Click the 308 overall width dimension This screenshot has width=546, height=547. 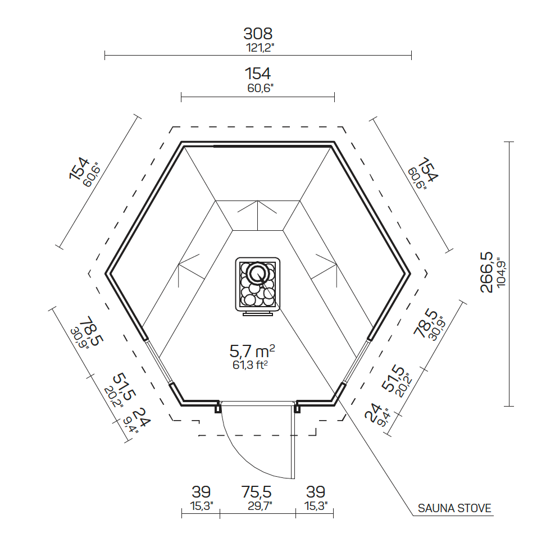(258, 33)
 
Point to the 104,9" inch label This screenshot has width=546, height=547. (501, 272)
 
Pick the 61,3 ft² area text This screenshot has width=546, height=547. (251, 365)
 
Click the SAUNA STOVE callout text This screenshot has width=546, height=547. (454, 509)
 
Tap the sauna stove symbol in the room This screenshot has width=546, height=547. (257, 284)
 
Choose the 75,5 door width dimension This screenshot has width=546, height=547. (257, 492)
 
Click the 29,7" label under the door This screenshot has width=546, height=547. (258, 506)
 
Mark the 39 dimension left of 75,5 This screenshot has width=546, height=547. (201, 492)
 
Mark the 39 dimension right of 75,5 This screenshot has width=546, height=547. (315, 492)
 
